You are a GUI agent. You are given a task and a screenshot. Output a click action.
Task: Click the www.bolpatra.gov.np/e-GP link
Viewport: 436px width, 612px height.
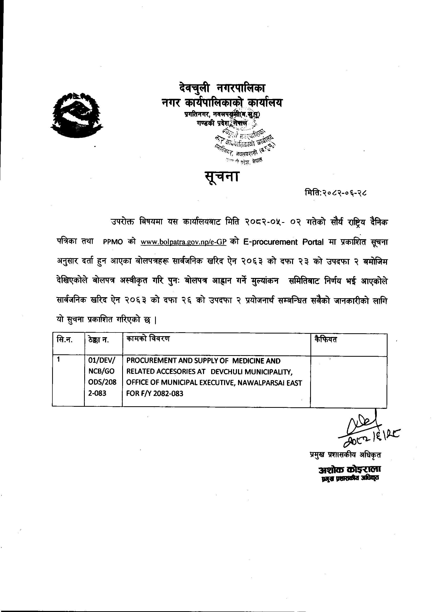(184, 242)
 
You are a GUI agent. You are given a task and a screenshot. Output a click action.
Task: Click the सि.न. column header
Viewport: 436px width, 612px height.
(65, 340)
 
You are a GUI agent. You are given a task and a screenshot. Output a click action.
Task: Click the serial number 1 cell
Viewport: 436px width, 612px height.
(59, 360)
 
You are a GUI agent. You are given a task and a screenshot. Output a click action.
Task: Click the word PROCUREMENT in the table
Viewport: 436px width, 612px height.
(150, 361)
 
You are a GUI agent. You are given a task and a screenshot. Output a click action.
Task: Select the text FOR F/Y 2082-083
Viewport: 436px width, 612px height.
(155, 394)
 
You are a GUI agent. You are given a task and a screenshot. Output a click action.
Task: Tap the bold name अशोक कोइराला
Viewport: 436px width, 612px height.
(349, 470)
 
